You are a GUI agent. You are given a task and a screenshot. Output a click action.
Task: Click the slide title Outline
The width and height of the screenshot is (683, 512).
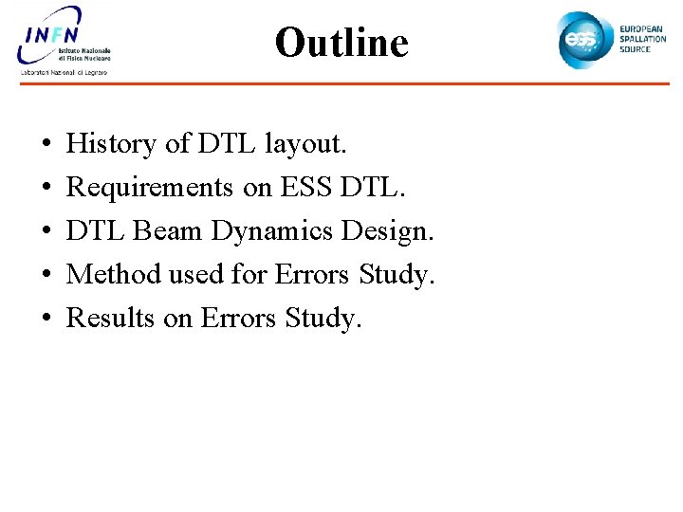(341, 43)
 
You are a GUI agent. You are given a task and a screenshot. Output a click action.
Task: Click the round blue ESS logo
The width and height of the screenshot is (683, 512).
(582, 39)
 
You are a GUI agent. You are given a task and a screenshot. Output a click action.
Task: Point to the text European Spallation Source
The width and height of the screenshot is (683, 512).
(642, 39)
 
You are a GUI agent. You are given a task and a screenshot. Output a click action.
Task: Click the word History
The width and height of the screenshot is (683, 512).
(111, 144)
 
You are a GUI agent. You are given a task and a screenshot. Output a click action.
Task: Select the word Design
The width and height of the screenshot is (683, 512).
(388, 231)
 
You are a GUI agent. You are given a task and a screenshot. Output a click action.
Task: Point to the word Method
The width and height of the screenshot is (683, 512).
(114, 275)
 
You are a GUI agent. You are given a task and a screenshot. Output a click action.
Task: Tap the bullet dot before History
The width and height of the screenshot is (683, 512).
(46, 145)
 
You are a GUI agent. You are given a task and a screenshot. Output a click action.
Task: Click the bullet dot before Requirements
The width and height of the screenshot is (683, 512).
(46, 189)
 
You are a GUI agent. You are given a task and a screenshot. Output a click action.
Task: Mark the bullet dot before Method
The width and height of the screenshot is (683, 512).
(46, 276)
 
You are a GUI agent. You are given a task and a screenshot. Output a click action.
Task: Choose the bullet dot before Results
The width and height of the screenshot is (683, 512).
(46, 320)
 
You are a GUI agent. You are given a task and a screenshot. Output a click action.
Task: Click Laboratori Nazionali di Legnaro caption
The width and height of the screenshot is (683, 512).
(65, 72)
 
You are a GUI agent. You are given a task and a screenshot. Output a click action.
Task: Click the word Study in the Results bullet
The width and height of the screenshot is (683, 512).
(323, 319)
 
